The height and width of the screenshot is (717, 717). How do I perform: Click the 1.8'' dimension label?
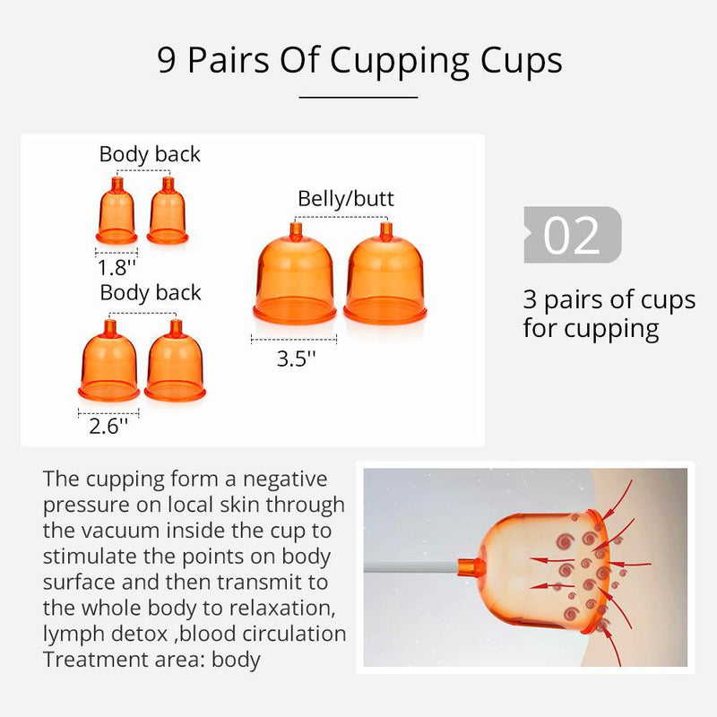[117, 267]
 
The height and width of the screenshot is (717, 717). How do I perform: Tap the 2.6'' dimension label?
[108, 427]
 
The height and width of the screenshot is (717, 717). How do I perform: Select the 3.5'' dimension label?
[297, 358]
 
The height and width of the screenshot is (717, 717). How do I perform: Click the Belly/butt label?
[346, 199]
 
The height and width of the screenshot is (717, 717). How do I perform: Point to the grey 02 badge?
[573, 235]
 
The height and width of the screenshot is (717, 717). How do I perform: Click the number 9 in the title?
[167, 60]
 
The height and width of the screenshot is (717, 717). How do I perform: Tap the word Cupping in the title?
[399, 62]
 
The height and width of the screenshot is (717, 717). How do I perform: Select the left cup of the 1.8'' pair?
[117, 211]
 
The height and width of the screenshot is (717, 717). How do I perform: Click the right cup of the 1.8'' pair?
[168, 211]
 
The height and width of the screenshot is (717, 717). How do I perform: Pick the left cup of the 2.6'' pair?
[108, 361]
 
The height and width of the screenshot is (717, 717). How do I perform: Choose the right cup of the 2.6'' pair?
[175, 361]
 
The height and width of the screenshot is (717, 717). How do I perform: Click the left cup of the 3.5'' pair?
[295, 274]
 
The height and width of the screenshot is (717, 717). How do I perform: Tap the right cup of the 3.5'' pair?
[385, 274]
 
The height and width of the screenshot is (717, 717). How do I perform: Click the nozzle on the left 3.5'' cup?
[296, 231]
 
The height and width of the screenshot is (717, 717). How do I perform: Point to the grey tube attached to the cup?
[410, 567]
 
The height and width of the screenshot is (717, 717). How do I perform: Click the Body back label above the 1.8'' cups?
[150, 154]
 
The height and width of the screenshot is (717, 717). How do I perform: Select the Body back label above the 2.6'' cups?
[151, 293]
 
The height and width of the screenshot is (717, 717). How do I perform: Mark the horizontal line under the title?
[358, 97]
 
